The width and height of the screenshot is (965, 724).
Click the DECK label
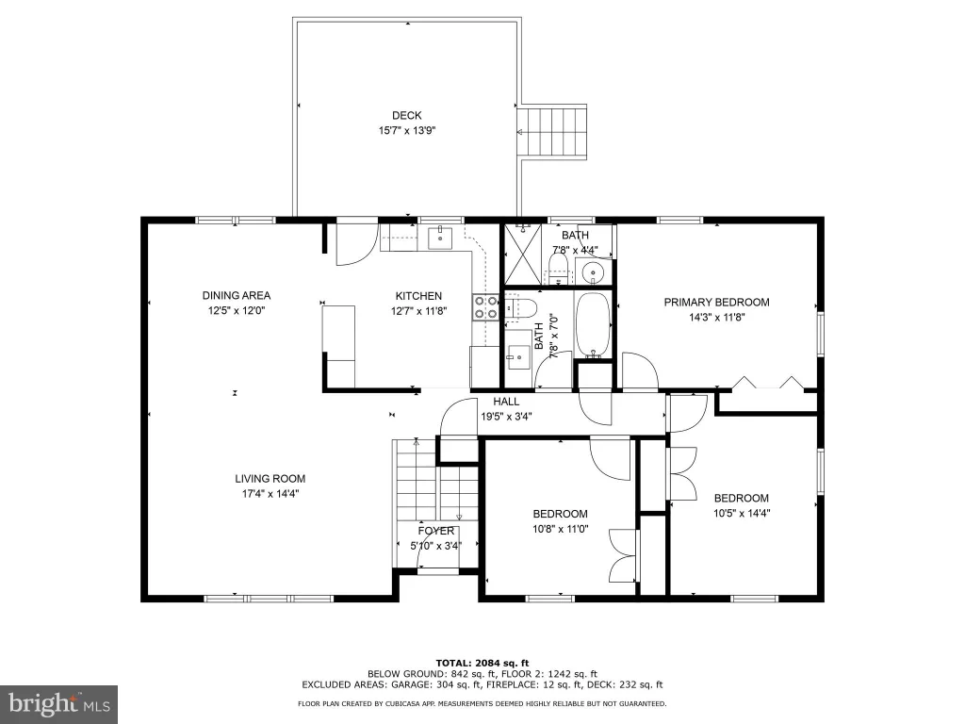tap(407, 115)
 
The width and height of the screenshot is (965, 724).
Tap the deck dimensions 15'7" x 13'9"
tap(407, 130)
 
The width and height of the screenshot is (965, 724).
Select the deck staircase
tap(553, 132)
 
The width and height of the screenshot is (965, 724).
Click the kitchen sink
tap(440, 239)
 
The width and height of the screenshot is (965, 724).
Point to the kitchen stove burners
tap(485, 307)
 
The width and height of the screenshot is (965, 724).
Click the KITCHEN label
tap(418, 296)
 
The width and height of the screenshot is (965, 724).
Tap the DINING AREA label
tap(237, 295)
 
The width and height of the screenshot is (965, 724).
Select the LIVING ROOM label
tap(270, 478)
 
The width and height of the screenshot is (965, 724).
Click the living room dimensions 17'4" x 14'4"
tap(270, 493)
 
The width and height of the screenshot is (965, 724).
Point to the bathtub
tap(594, 324)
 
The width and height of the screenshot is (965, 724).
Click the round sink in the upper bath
tap(594, 271)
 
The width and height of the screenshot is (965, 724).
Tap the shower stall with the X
tap(523, 255)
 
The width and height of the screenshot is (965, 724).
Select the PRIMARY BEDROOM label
tap(716, 303)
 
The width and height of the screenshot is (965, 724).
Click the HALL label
tap(506, 402)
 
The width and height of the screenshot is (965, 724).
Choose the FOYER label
tap(435, 531)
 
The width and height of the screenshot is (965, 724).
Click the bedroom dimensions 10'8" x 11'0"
tap(560, 528)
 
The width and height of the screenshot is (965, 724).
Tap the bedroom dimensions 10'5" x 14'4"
tap(742, 513)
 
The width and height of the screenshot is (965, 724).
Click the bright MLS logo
tap(58, 704)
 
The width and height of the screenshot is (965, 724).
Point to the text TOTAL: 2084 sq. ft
tap(482, 663)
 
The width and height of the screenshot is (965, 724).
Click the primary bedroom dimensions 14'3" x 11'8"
tap(717, 318)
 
